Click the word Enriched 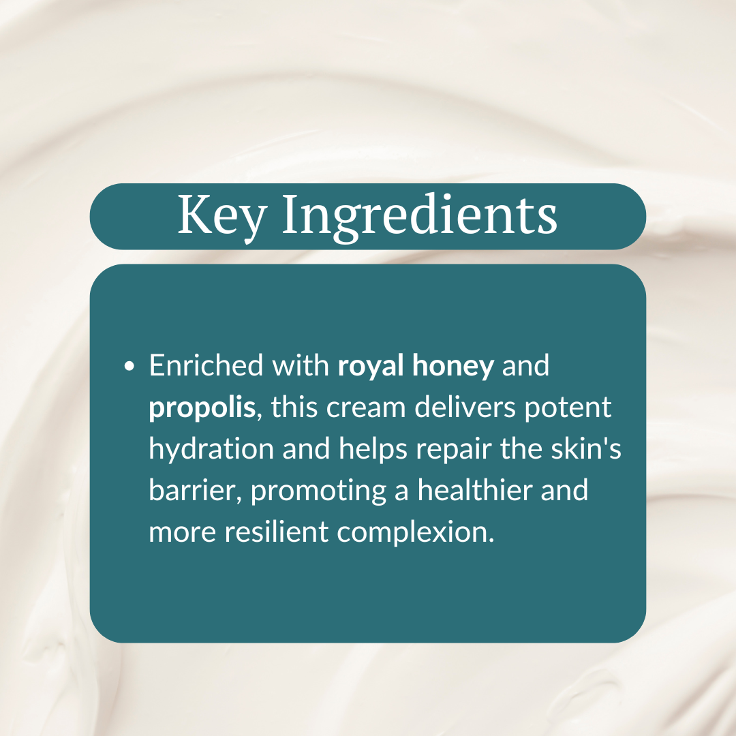click(206, 366)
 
